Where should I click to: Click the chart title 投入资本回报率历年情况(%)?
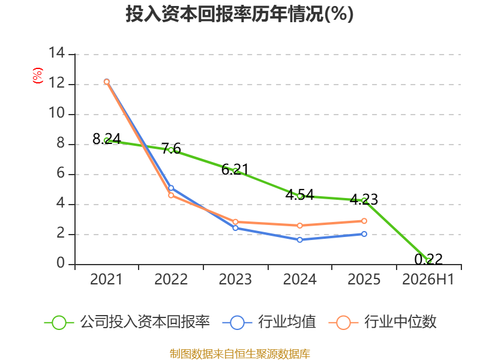(x=239, y=14)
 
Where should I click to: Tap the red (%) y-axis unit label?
(x=38, y=76)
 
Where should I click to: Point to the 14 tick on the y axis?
(x=57, y=53)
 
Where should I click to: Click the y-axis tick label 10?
(x=57, y=113)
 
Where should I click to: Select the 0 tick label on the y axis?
(x=61, y=263)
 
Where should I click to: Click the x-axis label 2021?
(x=106, y=279)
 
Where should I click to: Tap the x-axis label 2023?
(x=235, y=279)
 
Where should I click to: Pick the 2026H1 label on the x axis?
(x=428, y=279)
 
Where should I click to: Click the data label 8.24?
(x=107, y=139)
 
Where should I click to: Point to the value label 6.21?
(x=235, y=169)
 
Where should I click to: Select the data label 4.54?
(x=299, y=194)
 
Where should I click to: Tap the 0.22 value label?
(x=428, y=259)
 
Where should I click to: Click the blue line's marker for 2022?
(x=171, y=188)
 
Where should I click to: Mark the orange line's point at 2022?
(x=171, y=196)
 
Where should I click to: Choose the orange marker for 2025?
(x=364, y=221)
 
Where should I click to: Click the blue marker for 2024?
(x=299, y=239)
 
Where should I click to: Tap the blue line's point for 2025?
(x=364, y=234)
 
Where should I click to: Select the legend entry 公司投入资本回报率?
(x=127, y=322)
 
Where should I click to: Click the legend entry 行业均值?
(x=269, y=322)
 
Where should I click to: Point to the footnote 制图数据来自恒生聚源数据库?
(x=240, y=354)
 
